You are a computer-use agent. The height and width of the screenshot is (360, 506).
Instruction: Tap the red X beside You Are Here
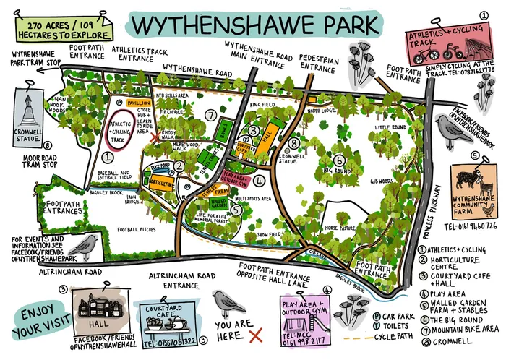(x=254, y=337)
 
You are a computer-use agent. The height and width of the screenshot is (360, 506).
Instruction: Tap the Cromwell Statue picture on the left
(x=28, y=114)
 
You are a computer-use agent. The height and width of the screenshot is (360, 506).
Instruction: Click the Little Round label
(x=392, y=127)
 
